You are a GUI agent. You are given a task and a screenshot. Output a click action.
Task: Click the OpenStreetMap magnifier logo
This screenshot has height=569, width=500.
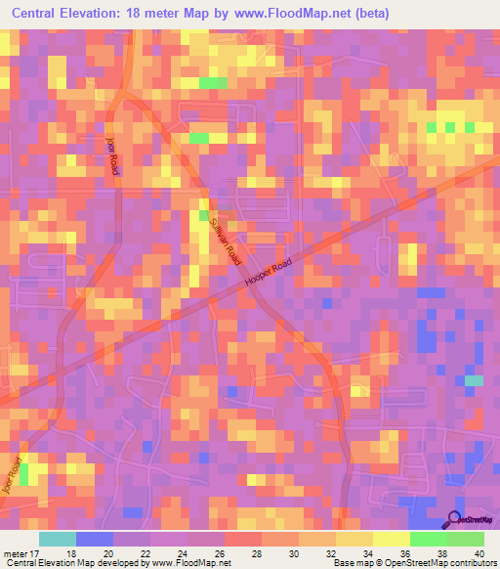[454, 521]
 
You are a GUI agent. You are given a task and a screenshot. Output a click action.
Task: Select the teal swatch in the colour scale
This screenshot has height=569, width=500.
[58, 539]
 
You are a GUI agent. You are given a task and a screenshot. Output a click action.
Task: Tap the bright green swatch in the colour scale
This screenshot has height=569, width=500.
[428, 539]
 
